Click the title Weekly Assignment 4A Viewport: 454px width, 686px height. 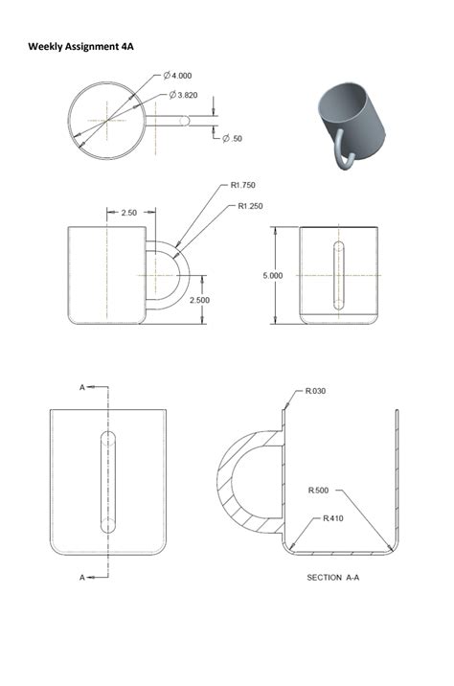pyautogui.click(x=80, y=45)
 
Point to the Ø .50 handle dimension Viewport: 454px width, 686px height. pyautogui.click(x=232, y=138)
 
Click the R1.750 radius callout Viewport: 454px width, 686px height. pyautogui.click(x=243, y=185)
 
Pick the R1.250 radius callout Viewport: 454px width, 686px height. pyautogui.click(x=251, y=206)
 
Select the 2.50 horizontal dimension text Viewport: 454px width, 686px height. pyautogui.click(x=128, y=213)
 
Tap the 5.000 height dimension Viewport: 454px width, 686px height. pyautogui.click(x=273, y=275)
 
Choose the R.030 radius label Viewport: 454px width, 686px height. pyautogui.click(x=317, y=391)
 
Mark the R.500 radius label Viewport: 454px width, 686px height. pyautogui.click(x=319, y=491)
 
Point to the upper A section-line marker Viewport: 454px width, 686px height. pyautogui.click(x=82, y=387)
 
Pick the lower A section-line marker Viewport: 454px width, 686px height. pyautogui.click(x=82, y=577)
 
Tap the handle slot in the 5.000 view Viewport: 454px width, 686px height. pyautogui.click(x=336, y=275)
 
